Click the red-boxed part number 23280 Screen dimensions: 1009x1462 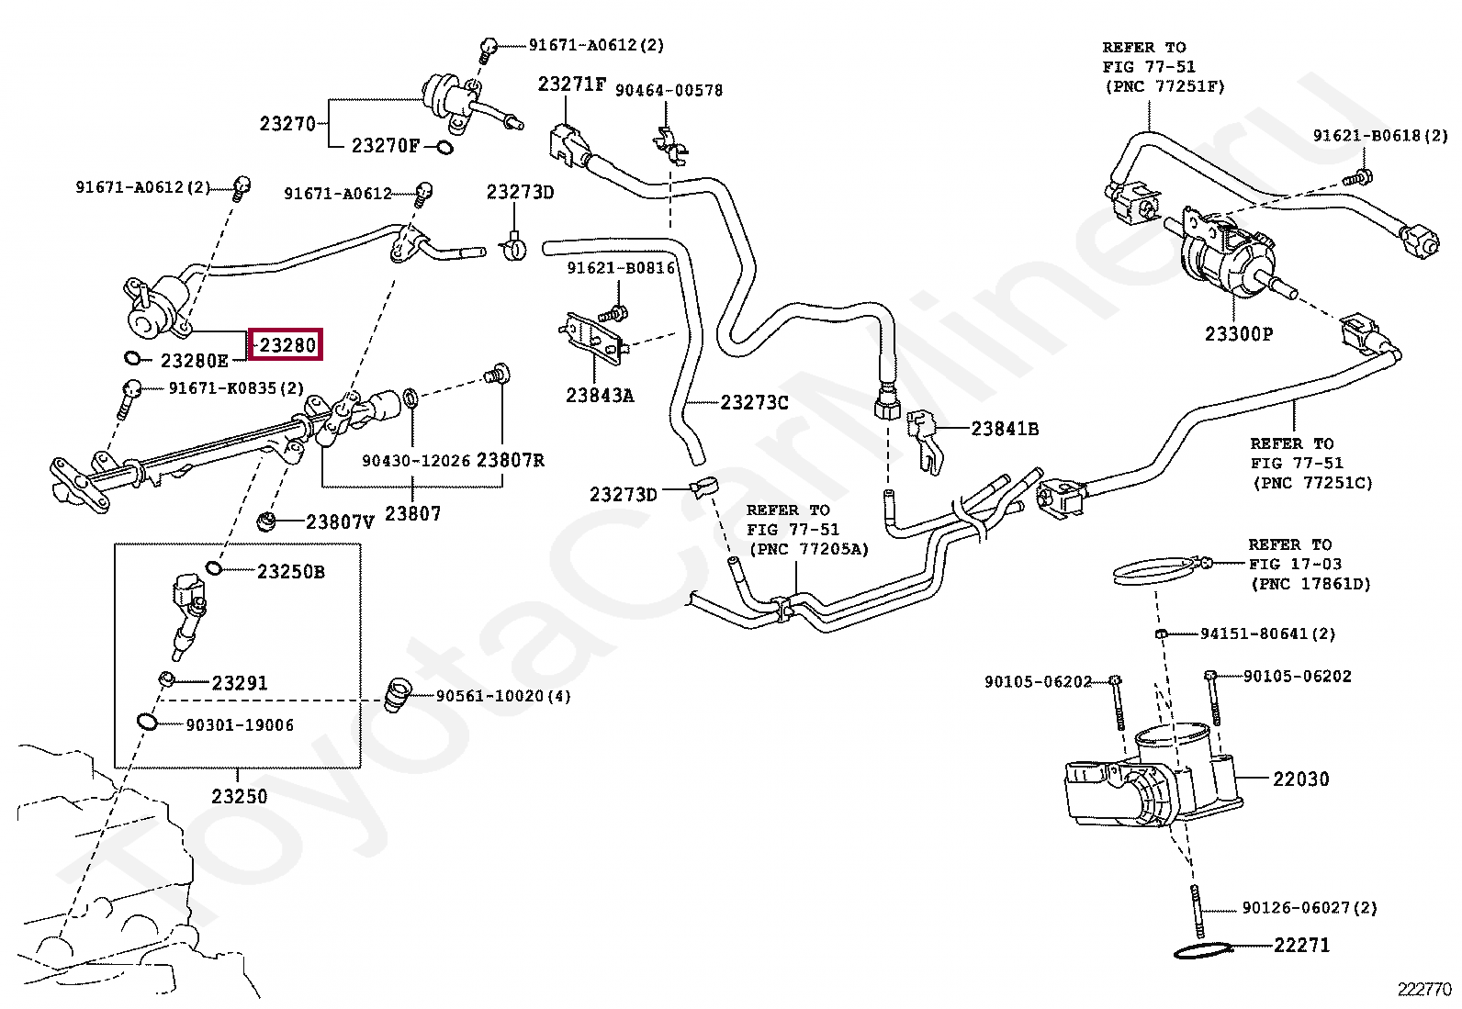286,346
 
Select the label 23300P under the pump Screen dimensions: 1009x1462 1239,334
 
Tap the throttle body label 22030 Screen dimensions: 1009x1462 1300,779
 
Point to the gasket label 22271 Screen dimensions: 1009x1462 1300,945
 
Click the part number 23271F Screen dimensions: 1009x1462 571,84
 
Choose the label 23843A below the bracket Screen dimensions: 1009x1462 600,396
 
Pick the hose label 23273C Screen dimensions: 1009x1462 754,402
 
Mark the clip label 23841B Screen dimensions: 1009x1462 1005,428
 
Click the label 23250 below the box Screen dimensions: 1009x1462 239,796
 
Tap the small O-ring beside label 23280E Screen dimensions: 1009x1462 131,358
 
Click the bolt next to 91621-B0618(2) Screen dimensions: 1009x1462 1363,174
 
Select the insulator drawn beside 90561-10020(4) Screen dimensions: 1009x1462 397,695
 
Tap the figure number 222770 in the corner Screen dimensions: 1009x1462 1424,989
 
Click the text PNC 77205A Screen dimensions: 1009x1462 808,549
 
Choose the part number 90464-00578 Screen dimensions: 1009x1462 669,90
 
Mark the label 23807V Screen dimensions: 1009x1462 340,522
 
